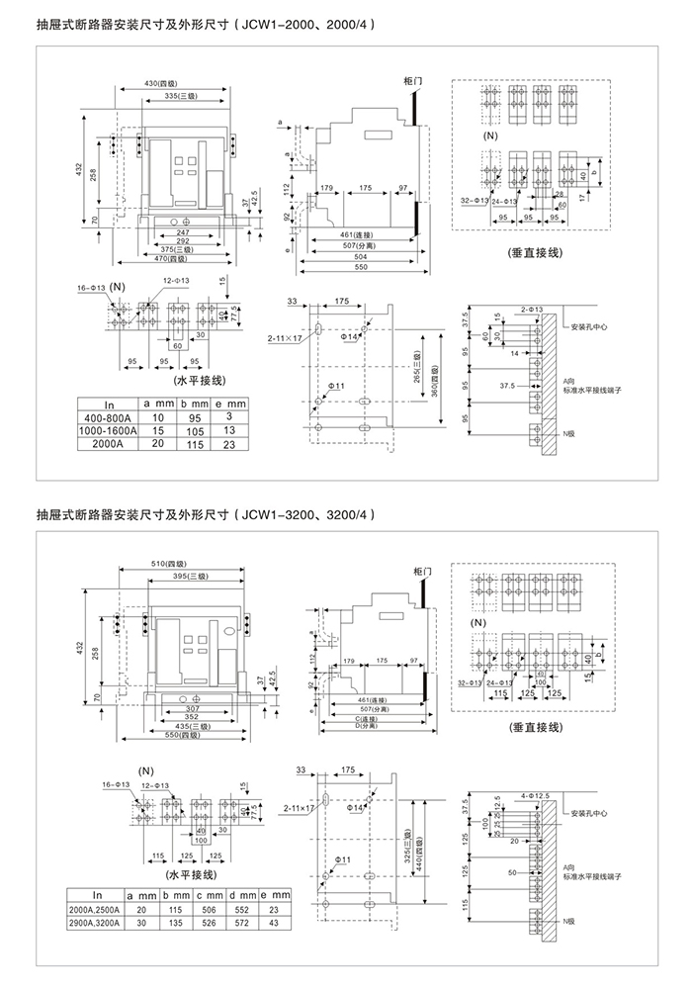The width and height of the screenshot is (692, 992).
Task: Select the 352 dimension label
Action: point(178,719)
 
